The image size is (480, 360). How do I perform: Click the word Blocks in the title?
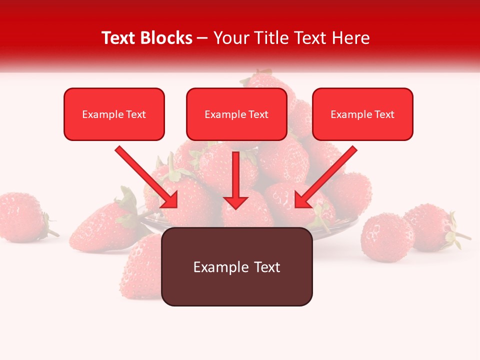click(x=167, y=38)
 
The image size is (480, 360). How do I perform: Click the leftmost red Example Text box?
click(x=114, y=114)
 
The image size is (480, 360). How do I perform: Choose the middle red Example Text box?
click(x=236, y=114)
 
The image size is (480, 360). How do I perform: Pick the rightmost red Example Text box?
click(x=362, y=114)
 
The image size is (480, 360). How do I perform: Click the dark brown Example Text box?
click(x=236, y=267)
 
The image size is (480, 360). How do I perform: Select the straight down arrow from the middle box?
click(x=235, y=175)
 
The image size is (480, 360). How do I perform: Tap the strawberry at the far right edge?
click(x=432, y=227)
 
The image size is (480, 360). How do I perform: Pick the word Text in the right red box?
click(x=384, y=114)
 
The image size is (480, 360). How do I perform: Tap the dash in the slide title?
click(x=202, y=38)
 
